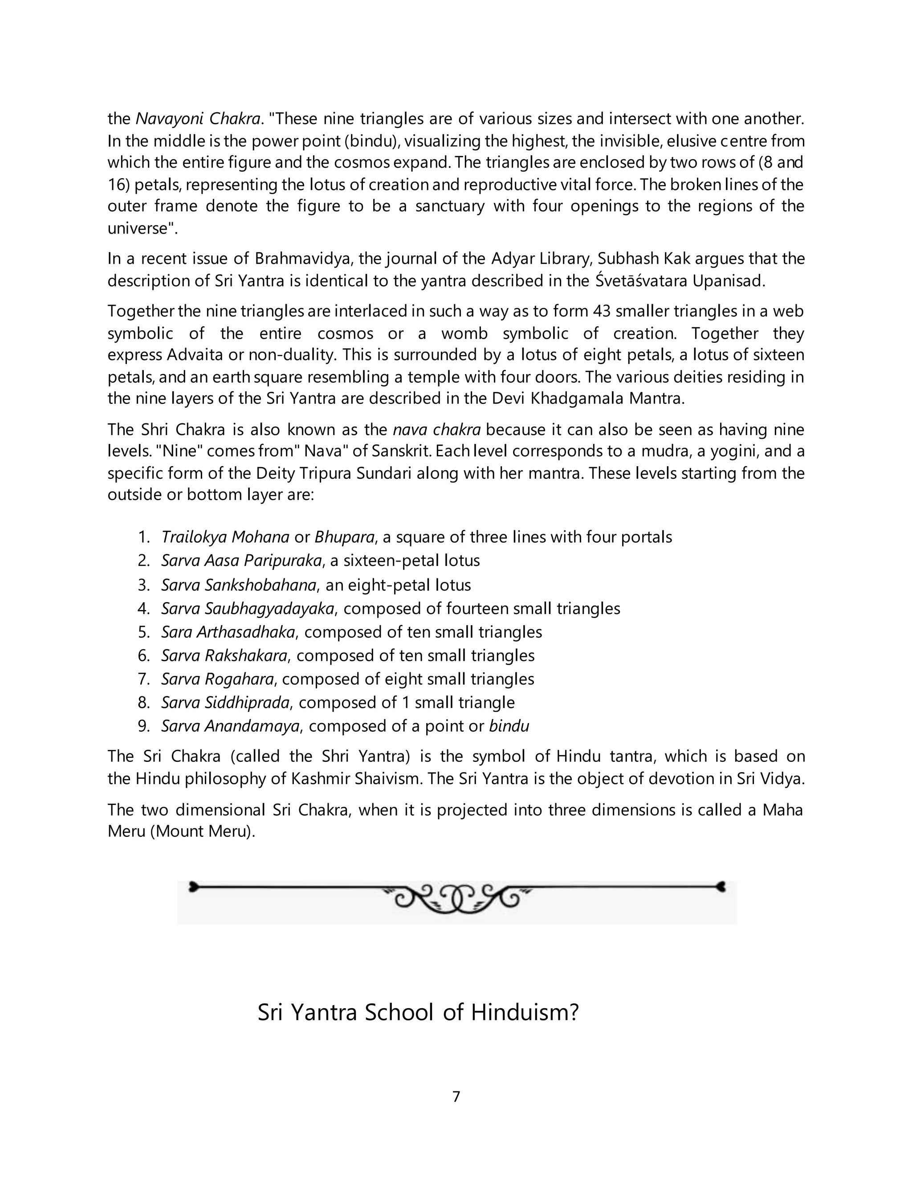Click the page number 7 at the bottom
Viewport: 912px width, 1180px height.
pos(456,1096)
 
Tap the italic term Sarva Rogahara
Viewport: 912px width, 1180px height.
pos(218,679)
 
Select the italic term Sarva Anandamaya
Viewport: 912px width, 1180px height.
pos(230,726)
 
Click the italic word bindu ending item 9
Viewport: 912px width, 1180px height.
pos(509,726)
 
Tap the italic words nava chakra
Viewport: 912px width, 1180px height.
pos(436,430)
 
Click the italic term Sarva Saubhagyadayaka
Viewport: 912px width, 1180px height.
pos(248,609)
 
